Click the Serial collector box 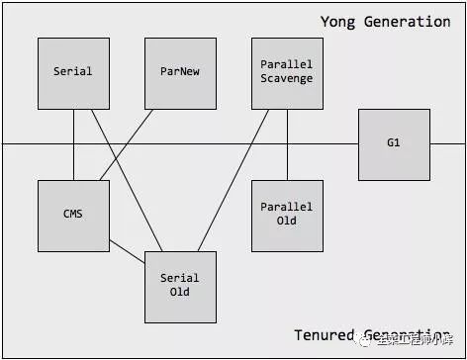73,73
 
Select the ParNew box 180,73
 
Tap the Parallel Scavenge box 287,73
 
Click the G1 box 394,143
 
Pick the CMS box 73,215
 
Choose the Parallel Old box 287,215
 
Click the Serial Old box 180,286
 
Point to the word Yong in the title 338,22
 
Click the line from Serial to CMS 73,144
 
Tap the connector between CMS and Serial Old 127,251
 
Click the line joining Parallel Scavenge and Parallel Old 287,144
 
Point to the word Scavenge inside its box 287,79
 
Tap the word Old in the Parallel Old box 287,221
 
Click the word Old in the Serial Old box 180,292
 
